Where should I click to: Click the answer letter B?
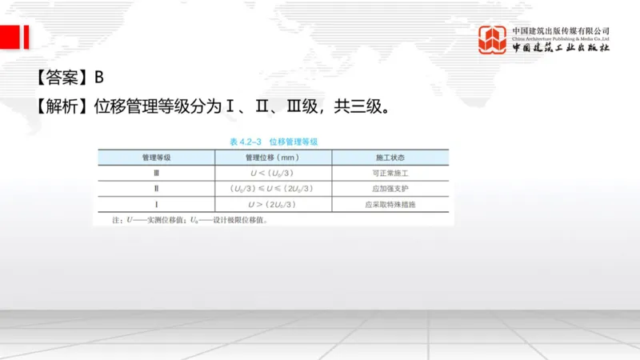(99, 78)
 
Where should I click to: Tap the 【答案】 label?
(62, 78)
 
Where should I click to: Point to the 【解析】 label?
(62, 105)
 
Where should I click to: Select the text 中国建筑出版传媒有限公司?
(560, 30)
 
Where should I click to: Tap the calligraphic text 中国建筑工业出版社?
(560, 48)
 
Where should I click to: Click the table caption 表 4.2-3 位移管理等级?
(274, 142)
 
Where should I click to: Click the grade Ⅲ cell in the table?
(156, 172)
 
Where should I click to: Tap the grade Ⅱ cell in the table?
(156, 189)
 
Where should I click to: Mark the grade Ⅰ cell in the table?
(156, 205)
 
